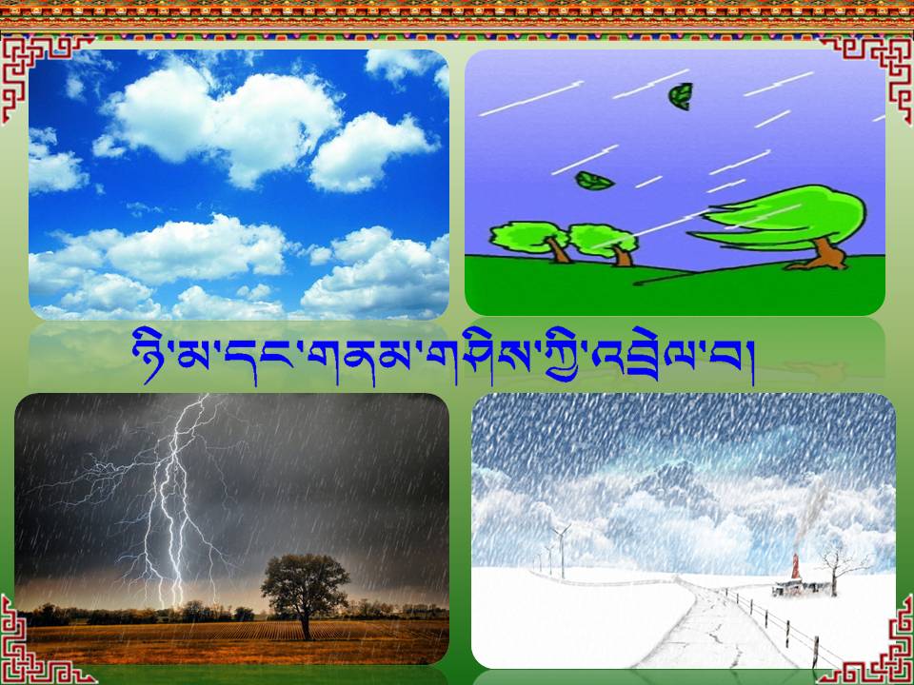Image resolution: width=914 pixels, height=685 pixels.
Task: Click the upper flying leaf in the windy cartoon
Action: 680,96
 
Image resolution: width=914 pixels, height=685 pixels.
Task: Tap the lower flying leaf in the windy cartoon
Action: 594,181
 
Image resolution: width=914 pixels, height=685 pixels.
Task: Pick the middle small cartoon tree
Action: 605,244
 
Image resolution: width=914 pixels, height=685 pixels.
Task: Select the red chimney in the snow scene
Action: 795,566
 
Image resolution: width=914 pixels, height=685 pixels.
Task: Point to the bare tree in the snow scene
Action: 837,568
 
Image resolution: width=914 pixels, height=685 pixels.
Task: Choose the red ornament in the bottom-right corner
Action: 874,647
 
